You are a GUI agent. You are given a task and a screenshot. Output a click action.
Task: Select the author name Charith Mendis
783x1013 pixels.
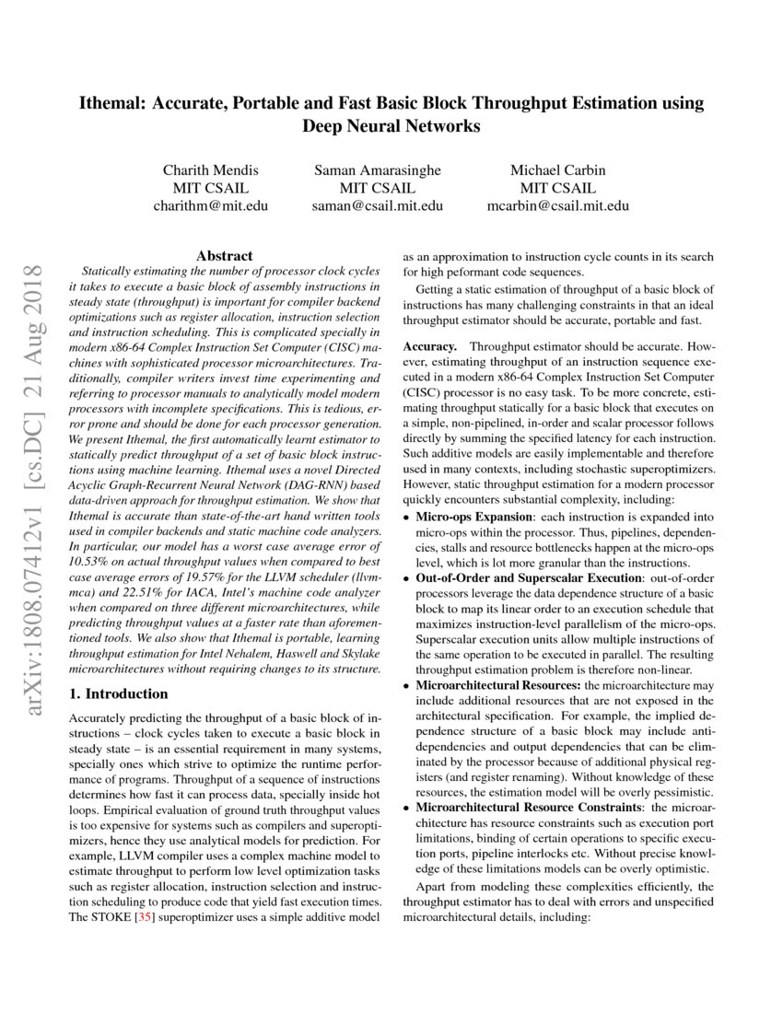(x=210, y=169)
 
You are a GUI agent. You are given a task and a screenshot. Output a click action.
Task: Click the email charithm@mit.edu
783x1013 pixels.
(x=210, y=206)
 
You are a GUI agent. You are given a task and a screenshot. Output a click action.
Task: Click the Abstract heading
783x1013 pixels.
(x=225, y=255)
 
